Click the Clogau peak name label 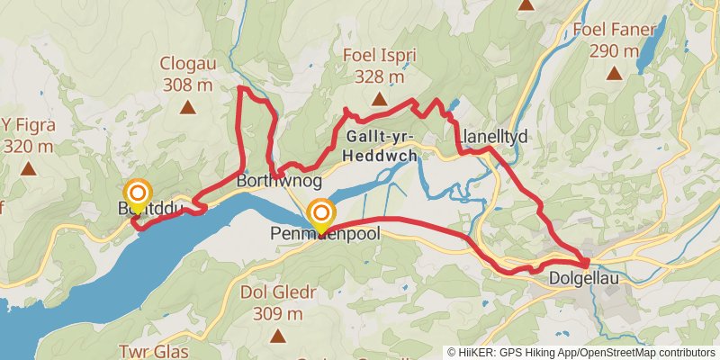coord(188,64)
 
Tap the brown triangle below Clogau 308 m coord(188,109)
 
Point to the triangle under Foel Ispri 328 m coord(379,100)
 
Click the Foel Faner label coord(614,30)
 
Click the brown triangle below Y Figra coord(29,168)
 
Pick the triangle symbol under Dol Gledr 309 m coord(277,337)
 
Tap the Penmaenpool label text coord(325,233)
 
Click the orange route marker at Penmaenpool coord(321,213)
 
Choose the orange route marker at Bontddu coord(137,193)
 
